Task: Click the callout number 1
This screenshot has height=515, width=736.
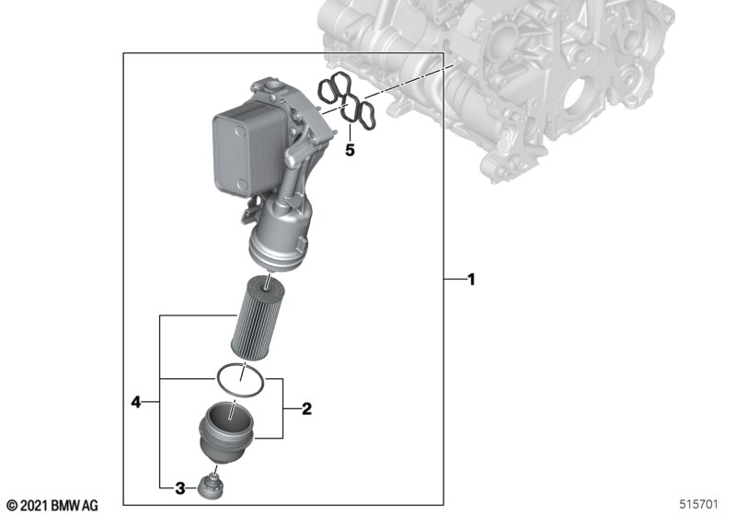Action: (472, 280)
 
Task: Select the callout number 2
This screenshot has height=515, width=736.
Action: (306, 409)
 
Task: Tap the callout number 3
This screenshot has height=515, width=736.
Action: (180, 488)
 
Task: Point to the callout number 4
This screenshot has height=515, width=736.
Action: (135, 402)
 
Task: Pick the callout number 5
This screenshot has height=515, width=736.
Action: (350, 151)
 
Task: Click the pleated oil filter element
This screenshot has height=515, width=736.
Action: (259, 318)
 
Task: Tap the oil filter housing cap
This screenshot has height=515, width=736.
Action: (227, 432)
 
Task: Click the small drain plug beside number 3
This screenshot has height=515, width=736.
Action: (210, 486)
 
